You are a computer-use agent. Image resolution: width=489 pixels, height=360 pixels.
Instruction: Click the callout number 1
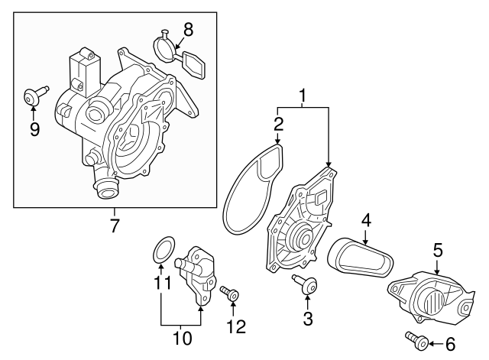[303, 96]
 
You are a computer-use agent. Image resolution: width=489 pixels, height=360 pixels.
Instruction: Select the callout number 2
[279, 123]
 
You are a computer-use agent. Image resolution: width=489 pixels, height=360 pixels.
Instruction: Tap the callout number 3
[308, 319]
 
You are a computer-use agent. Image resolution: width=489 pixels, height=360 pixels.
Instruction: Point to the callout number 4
[367, 220]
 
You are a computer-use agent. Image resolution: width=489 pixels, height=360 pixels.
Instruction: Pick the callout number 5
[438, 249]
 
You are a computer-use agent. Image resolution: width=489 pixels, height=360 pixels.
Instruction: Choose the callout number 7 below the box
[115, 226]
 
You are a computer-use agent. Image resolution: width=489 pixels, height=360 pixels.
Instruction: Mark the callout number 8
[189, 30]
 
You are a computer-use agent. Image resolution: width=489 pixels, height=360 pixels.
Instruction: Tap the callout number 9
[34, 129]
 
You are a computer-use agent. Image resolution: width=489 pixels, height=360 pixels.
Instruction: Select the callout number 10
[181, 336]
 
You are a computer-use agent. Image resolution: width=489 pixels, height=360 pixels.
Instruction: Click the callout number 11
[161, 284]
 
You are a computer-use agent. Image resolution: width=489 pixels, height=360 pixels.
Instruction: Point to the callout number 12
[236, 326]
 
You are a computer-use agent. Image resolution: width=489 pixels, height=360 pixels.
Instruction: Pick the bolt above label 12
[230, 293]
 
